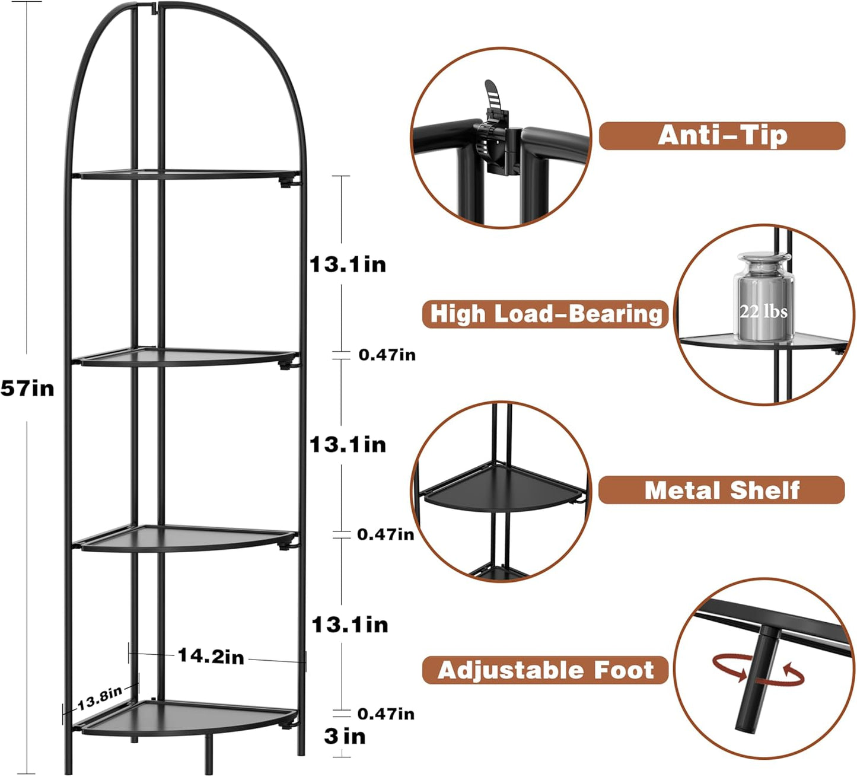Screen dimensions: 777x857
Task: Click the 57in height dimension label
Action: pos(27,388)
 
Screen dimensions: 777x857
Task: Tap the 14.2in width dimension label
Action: pos(211,656)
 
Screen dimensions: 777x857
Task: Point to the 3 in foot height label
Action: pos(345,737)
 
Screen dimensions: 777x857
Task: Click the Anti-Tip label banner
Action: pos(722,136)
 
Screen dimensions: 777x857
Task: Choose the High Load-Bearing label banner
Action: pos(545,314)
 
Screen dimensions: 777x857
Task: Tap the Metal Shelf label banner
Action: pos(721,491)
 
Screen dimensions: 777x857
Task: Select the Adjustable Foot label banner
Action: pos(545,670)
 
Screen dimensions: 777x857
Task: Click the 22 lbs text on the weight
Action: pos(763,311)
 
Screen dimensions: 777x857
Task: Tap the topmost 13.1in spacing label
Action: pos(348,265)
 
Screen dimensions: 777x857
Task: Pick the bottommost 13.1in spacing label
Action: pos(349,625)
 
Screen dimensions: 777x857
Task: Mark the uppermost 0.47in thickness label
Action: pos(387,355)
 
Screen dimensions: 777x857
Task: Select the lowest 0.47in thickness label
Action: pos(386,714)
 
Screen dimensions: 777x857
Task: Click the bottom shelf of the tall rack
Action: pos(184,716)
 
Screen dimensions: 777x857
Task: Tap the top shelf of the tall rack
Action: pos(184,174)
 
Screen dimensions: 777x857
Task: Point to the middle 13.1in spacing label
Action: pos(348,445)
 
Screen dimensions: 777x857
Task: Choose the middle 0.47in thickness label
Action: pos(386,534)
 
